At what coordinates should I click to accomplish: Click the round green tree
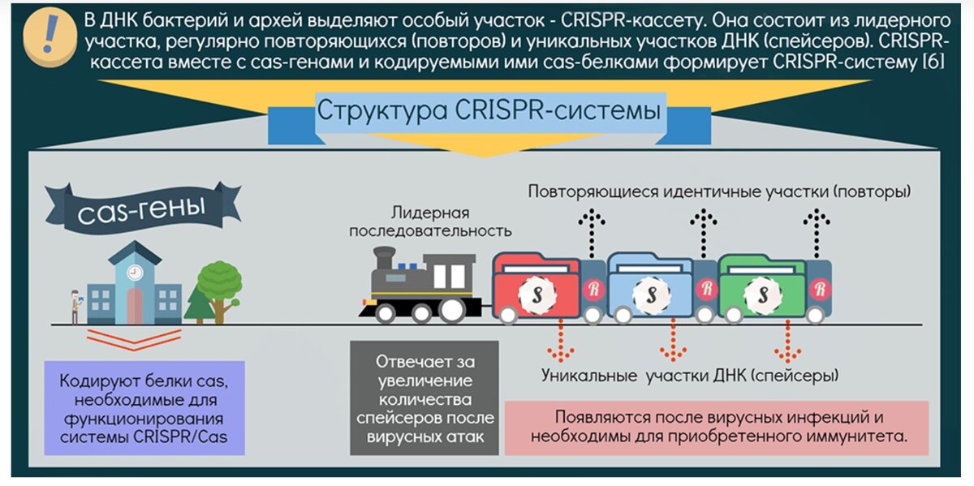click(x=219, y=280)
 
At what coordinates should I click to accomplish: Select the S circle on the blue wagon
click(x=649, y=290)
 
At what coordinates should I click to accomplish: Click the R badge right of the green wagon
click(x=819, y=287)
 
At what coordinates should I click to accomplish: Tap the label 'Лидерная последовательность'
click(x=430, y=221)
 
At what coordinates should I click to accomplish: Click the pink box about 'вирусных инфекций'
click(x=716, y=427)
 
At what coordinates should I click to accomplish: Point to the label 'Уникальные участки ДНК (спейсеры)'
click(x=690, y=376)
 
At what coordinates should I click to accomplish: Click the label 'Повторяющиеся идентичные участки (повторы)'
click(x=719, y=192)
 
